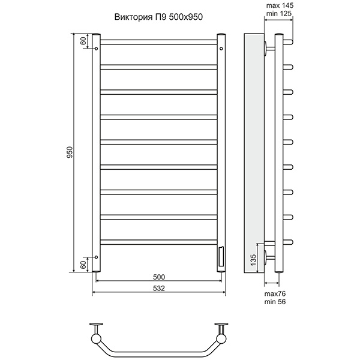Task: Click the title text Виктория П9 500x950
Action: point(158,17)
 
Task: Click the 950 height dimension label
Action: point(70,152)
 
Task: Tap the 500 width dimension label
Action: point(159,277)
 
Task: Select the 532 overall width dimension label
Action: point(159,288)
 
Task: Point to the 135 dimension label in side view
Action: point(253,260)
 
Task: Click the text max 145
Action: point(280,5)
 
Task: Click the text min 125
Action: point(279,14)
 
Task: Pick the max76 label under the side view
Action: point(275,293)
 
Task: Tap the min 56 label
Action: point(275,302)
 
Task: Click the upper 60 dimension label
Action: point(83,41)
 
